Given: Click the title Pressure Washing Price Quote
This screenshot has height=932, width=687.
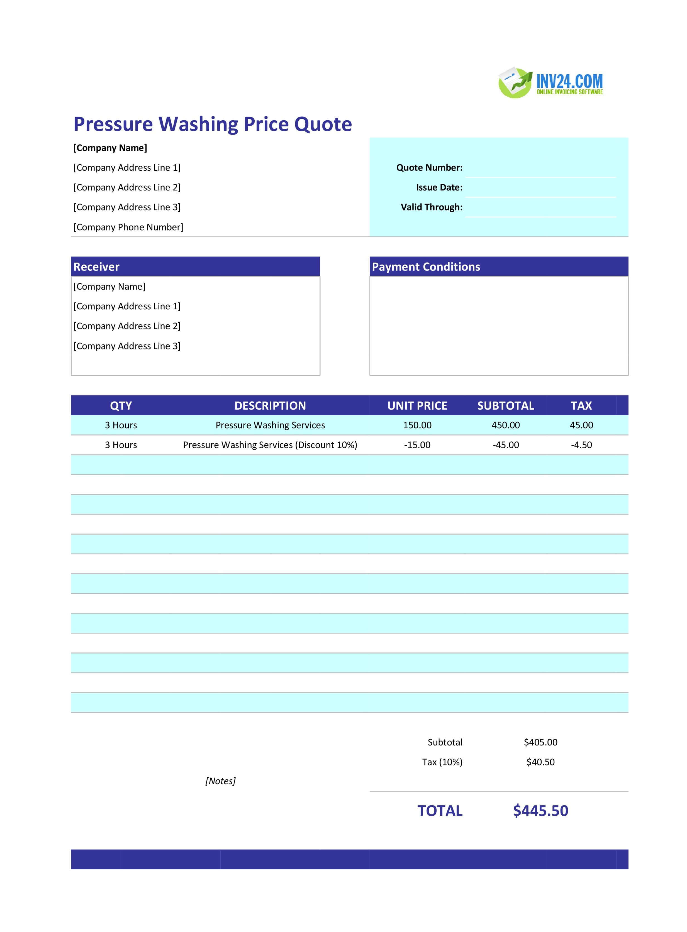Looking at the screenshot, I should pyautogui.click(x=213, y=124).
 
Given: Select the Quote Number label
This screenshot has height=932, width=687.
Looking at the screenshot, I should pyautogui.click(x=429, y=168).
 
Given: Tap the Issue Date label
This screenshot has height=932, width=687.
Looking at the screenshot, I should pyautogui.click(x=439, y=187).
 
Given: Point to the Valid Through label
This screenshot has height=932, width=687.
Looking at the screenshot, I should pyautogui.click(x=431, y=207).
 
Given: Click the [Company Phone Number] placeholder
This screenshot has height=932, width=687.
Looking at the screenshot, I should pyautogui.click(x=128, y=227).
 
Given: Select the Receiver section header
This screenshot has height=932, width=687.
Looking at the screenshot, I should pyautogui.click(x=96, y=267).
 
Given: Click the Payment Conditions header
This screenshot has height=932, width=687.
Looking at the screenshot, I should pyautogui.click(x=426, y=267).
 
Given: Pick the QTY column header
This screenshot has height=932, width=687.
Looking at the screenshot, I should pyautogui.click(x=121, y=406).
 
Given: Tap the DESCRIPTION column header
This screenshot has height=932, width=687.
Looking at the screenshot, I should pyautogui.click(x=270, y=406).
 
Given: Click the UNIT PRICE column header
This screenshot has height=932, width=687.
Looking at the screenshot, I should pyautogui.click(x=417, y=406).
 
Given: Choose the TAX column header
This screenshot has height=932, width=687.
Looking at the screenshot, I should pyautogui.click(x=581, y=406).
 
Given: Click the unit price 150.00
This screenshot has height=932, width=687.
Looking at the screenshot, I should pyautogui.click(x=417, y=425).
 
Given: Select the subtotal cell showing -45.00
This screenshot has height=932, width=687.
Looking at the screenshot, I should pyautogui.click(x=506, y=445).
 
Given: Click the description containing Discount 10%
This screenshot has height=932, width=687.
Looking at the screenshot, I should pyautogui.click(x=270, y=445).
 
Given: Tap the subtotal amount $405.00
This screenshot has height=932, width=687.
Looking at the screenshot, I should pyautogui.click(x=540, y=742).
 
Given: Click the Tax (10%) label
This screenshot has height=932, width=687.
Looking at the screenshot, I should pyautogui.click(x=442, y=762).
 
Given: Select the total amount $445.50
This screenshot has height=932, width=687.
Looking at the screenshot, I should pyautogui.click(x=540, y=811).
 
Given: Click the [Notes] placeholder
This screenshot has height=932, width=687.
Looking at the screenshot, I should pyautogui.click(x=220, y=781).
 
